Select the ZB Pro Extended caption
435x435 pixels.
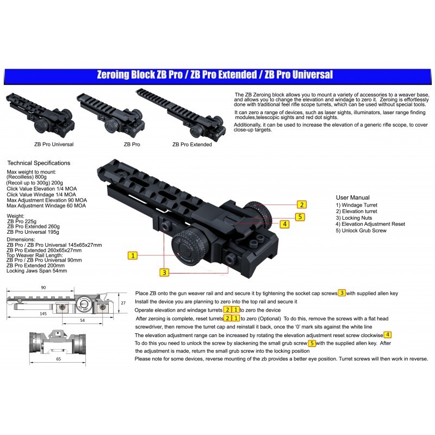tap(192, 145)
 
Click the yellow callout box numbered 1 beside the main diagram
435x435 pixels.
tap(133, 254)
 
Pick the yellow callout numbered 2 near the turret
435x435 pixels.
tap(301, 205)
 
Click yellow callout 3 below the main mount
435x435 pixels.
tap(164, 271)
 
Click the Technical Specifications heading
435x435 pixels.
tap(38, 163)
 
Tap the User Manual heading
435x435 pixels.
tap(353, 197)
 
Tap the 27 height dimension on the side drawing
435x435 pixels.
tap(123, 303)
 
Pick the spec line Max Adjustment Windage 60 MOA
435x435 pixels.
tap(46, 206)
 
